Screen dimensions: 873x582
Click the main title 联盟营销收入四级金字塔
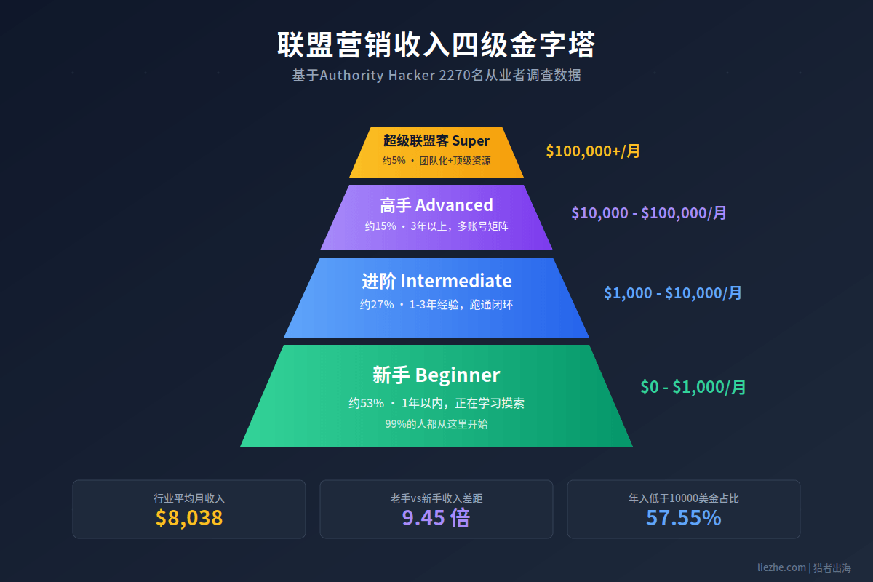436,45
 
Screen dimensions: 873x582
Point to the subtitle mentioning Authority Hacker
436,75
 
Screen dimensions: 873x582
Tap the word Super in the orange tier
471,141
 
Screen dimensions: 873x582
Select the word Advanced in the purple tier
454,205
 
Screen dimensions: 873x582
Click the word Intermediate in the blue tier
456,281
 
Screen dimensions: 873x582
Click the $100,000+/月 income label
593,151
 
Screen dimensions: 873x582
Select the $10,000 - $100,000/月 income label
648,213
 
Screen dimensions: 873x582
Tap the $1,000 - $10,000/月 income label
673,292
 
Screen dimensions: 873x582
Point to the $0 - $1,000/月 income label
693,387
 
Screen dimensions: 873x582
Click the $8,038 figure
189,518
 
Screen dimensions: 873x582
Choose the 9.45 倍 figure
436,518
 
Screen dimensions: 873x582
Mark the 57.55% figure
684,518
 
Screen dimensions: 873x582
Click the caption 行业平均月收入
189,498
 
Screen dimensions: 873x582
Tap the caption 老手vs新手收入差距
436,498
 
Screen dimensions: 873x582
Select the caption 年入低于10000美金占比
684,498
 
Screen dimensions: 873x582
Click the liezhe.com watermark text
781,567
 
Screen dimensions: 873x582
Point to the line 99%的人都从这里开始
436,424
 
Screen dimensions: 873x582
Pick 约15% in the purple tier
380,226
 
